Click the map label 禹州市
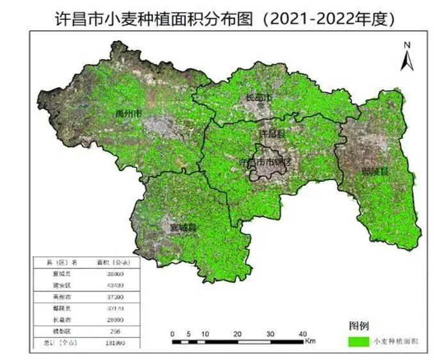click(128, 113)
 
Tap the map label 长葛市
click(260, 97)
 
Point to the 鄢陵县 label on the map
click(375, 171)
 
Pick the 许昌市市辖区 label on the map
click(265, 162)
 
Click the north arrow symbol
click(406, 60)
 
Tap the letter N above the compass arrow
click(406, 45)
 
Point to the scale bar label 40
click(303, 333)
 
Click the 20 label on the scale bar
click(238, 333)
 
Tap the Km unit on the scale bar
click(311, 341)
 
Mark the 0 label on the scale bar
click(172, 333)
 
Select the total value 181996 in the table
click(115, 343)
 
